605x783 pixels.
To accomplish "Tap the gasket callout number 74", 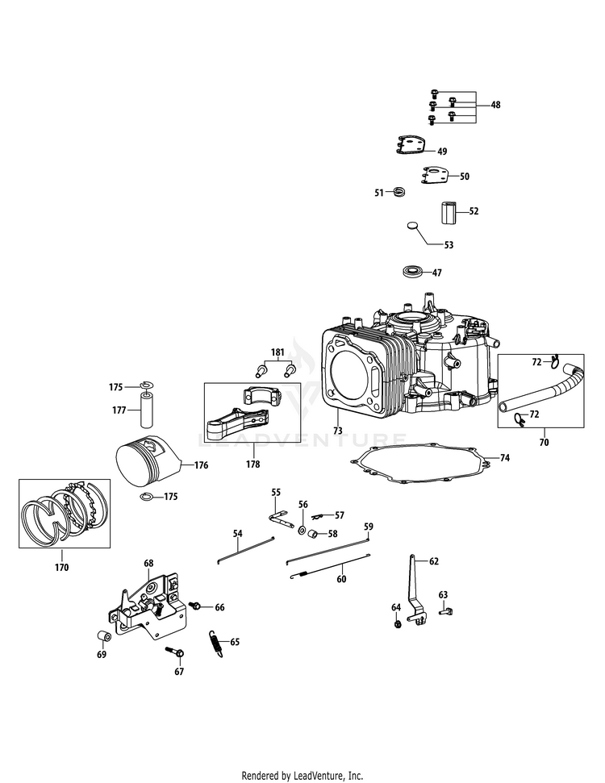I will tap(505, 458).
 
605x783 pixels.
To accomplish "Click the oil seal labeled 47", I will tap(412, 272).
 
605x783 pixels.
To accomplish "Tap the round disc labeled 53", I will tap(414, 227).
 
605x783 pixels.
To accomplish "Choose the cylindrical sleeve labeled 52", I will tap(449, 213).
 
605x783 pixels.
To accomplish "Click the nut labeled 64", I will tap(398, 625).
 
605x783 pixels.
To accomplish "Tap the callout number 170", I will tap(62, 567).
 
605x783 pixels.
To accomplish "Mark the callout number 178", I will tap(253, 464).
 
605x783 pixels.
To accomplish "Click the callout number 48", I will tap(495, 105).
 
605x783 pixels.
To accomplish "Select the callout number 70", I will tap(544, 443).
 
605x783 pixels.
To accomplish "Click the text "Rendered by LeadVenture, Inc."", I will tap(302, 775).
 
